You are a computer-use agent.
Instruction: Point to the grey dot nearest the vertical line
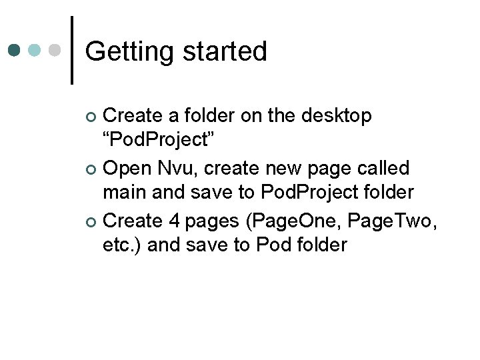[x=56, y=50]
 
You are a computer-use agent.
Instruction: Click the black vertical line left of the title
[x=71, y=50]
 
